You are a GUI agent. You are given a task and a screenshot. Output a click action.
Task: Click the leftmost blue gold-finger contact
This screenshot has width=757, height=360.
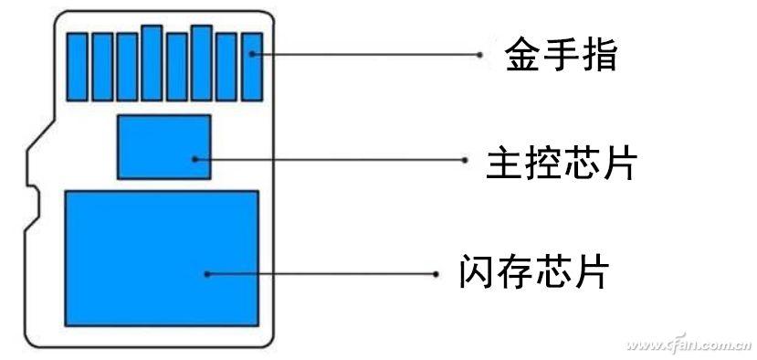(x=79, y=67)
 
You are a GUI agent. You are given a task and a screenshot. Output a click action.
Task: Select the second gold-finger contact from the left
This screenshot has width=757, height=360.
(x=103, y=67)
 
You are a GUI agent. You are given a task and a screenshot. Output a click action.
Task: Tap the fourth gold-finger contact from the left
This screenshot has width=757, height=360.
(x=152, y=63)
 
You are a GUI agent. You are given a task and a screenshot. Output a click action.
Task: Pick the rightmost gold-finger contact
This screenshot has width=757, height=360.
(x=252, y=67)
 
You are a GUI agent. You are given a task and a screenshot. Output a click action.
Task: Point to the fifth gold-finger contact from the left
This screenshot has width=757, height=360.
(x=177, y=67)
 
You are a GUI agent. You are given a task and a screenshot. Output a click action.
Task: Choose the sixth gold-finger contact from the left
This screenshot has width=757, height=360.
(x=202, y=63)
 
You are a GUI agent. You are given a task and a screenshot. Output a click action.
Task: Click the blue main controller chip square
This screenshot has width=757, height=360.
(x=164, y=146)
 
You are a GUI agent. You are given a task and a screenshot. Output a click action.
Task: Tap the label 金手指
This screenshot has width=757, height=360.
(x=561, y=55)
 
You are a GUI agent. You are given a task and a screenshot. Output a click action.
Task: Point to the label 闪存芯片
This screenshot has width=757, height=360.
(x=533, y=271)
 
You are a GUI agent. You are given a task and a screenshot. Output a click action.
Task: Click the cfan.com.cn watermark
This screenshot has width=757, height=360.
(x=692, y=346)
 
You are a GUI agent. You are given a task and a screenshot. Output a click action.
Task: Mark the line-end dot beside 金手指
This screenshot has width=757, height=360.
(x=479, y=55)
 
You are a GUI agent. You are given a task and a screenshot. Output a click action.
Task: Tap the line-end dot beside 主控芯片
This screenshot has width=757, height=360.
(x=465, y=159)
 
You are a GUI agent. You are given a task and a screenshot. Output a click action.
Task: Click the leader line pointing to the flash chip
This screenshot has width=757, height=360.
(x=320, y=273)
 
